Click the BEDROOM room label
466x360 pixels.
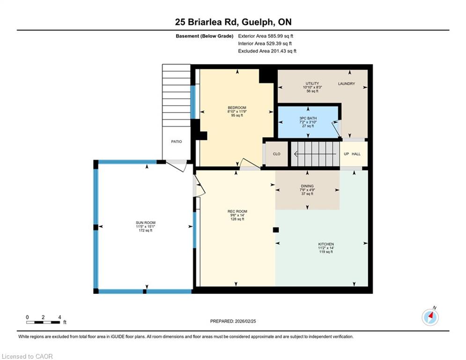click(x=237, y=108)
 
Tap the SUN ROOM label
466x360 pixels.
click(x=146, y=223)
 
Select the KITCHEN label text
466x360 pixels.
click(x=326, y=244)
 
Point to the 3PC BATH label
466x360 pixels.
click(x=308, y=118)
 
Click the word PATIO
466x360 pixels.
click(x=177, y=142)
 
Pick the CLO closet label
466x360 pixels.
click(x=277, y=154)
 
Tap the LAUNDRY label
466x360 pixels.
click(x=347, y=83)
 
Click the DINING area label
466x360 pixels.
click(x=307, y=186)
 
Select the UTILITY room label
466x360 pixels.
click(x=312, y=83)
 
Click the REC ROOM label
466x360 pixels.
click(x=237, y=211)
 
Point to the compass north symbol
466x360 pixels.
click(x=430, y=317)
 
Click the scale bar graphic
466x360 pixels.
click(x=43, y=322)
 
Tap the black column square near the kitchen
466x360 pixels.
click(x=276, y=230)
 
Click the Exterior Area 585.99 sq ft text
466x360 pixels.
click(x=266, y=36)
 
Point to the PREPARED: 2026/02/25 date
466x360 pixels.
click(x=233, y=321)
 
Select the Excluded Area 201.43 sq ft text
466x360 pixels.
click(x=267, y=51)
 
